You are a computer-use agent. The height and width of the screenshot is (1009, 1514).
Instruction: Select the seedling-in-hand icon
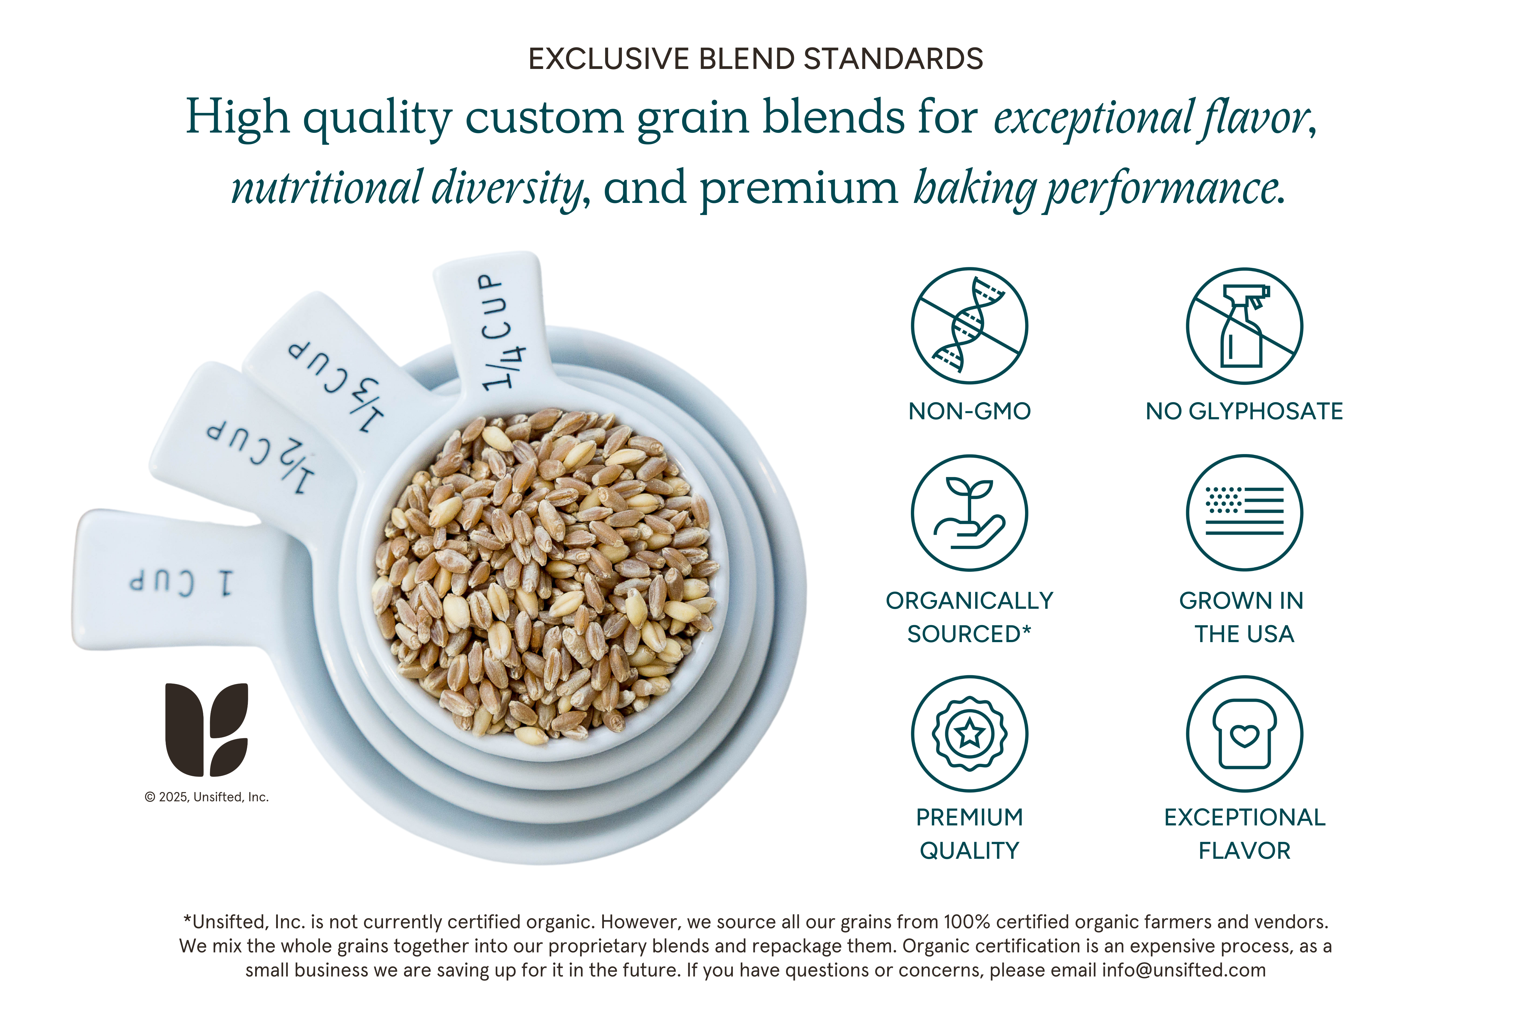click(970, 513)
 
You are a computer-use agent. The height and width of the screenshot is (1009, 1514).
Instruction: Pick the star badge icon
click(970, 733)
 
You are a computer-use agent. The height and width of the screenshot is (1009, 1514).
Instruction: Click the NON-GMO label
click(970, 411)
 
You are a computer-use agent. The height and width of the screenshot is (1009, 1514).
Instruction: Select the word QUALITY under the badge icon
click(970, 851)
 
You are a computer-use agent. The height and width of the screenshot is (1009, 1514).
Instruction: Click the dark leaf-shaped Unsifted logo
click(207, 730)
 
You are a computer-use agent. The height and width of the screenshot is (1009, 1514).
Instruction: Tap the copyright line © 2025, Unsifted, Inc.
click(207, 797)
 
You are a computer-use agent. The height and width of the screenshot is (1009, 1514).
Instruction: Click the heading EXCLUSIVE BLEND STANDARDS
click(756, 59)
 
